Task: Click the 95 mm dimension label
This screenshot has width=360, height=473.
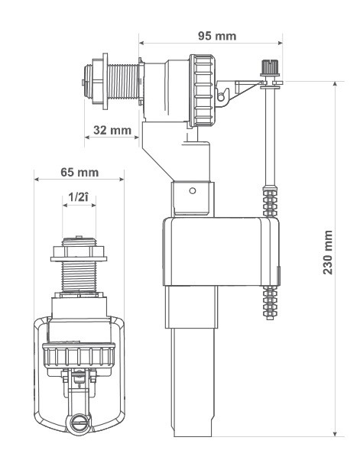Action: coord(217,36)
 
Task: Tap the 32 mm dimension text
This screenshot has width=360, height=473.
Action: coord(112,130)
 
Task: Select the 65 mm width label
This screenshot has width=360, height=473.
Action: coord(79,172)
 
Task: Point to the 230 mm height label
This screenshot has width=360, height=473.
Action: coord(328,252)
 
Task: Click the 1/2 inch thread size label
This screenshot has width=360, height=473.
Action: coord(79,197)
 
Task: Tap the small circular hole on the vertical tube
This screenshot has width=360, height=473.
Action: coord(192,190)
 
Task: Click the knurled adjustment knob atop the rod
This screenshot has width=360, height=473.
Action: coord(269,67)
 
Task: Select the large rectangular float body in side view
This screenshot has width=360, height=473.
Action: coord(221,251)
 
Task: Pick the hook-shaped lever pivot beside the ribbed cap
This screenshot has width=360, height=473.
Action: coord(222,95)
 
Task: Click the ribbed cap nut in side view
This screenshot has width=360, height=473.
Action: coord(202,90)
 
